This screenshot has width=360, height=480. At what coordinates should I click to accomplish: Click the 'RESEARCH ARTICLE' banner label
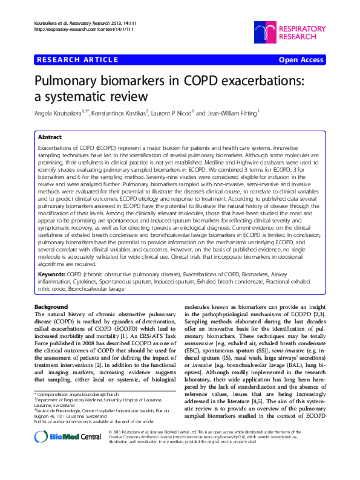click(x=77, y=60)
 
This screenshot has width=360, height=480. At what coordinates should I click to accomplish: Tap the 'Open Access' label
click(x=302, y=60)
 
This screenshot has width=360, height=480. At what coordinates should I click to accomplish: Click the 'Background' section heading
click(x=51, y=307)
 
